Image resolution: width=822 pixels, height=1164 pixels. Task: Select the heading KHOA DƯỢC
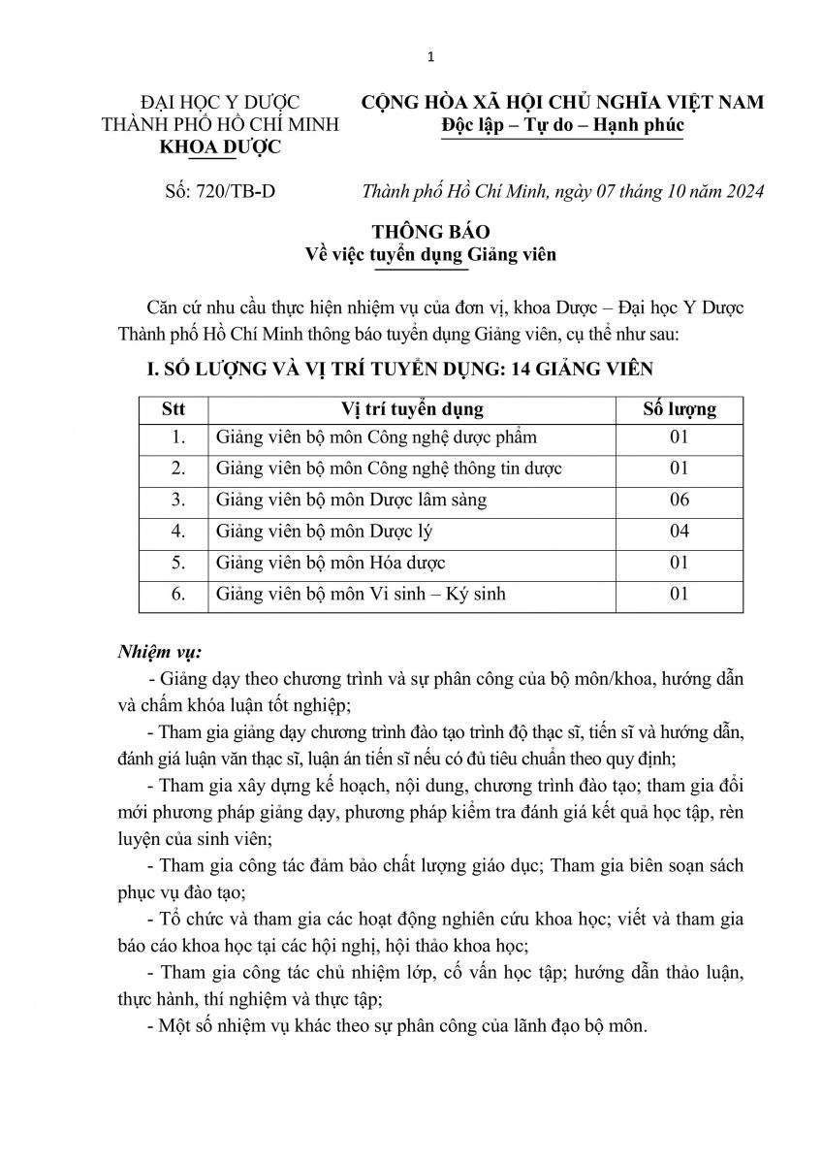(x=206, y=147)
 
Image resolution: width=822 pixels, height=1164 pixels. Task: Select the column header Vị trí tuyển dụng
(x=413, y=408)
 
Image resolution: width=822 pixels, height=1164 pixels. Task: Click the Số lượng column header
(x=680, y=408)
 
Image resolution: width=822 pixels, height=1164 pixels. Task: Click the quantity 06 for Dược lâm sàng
(x=680, y=501)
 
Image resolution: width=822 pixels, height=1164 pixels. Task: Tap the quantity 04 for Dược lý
(x=680, y=532)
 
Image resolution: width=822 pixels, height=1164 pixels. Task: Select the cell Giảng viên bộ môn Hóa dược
(x=332, y=563)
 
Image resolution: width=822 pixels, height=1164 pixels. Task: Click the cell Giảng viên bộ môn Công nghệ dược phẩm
(x=377, y=437)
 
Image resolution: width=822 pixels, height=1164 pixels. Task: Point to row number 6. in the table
(x=177, y=594)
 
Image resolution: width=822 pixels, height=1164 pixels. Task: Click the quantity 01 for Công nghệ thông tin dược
(x=680, y=469)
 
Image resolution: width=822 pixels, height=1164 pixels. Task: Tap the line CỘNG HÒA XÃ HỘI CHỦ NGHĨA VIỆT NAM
(x=562, y=103)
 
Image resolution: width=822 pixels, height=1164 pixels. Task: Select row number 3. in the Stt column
(x=177, y=501)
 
